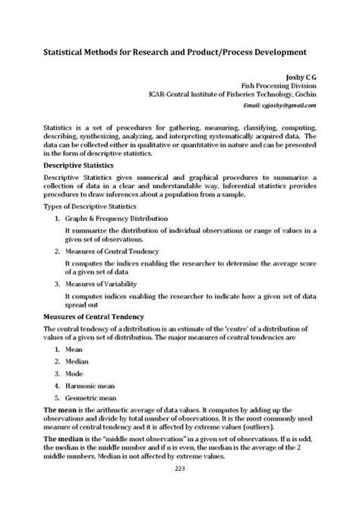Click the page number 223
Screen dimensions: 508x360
pyautogui.click(x=180, y=491)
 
